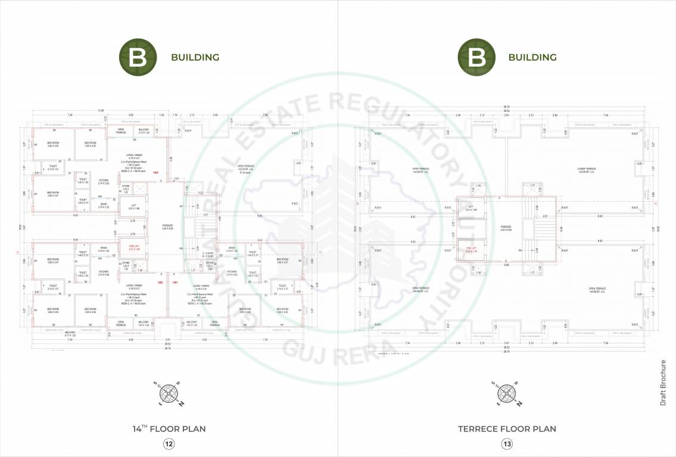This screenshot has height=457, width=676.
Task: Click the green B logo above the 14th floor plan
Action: point(138,57)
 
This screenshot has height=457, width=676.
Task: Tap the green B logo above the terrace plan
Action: point(475,57)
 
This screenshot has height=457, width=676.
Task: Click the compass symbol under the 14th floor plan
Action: point(169,392)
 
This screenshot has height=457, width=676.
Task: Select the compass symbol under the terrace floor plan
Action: point(507,392)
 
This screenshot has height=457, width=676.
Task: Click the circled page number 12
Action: point(169,443)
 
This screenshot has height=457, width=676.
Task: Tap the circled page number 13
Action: point(507,443)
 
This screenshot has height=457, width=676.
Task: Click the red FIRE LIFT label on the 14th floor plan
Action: point(133,247)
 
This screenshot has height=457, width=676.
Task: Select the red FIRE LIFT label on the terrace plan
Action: point(471,249)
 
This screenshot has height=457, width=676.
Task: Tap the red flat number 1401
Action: point(175,281)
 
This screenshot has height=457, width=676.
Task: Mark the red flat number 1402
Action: point(160,281)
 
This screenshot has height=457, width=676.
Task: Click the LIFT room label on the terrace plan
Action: point(471,208)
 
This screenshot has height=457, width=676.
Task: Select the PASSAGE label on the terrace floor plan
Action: point(506,227)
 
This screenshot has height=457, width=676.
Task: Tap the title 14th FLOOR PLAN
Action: point(169,428)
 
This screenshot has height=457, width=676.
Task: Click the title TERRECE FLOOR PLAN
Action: point(507,428)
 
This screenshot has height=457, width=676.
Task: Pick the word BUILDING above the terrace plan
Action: point(532,58)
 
